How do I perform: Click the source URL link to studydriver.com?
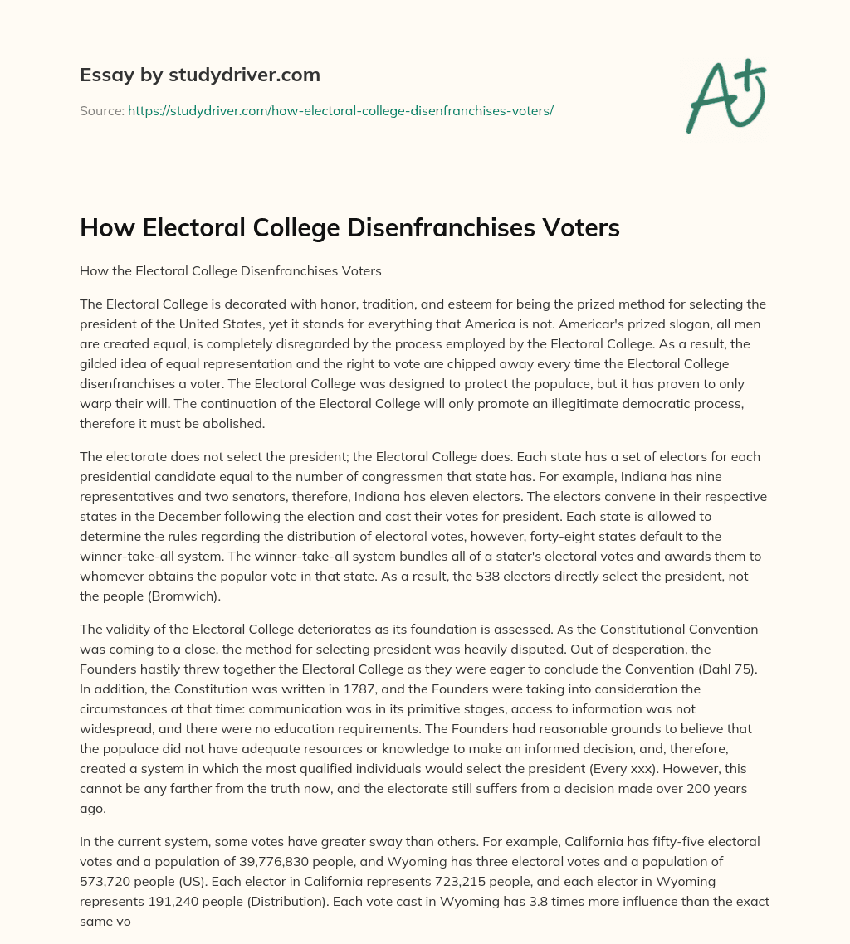[340, 109]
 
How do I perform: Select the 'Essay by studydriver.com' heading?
[200, 75]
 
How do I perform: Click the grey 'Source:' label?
[102, 109]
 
